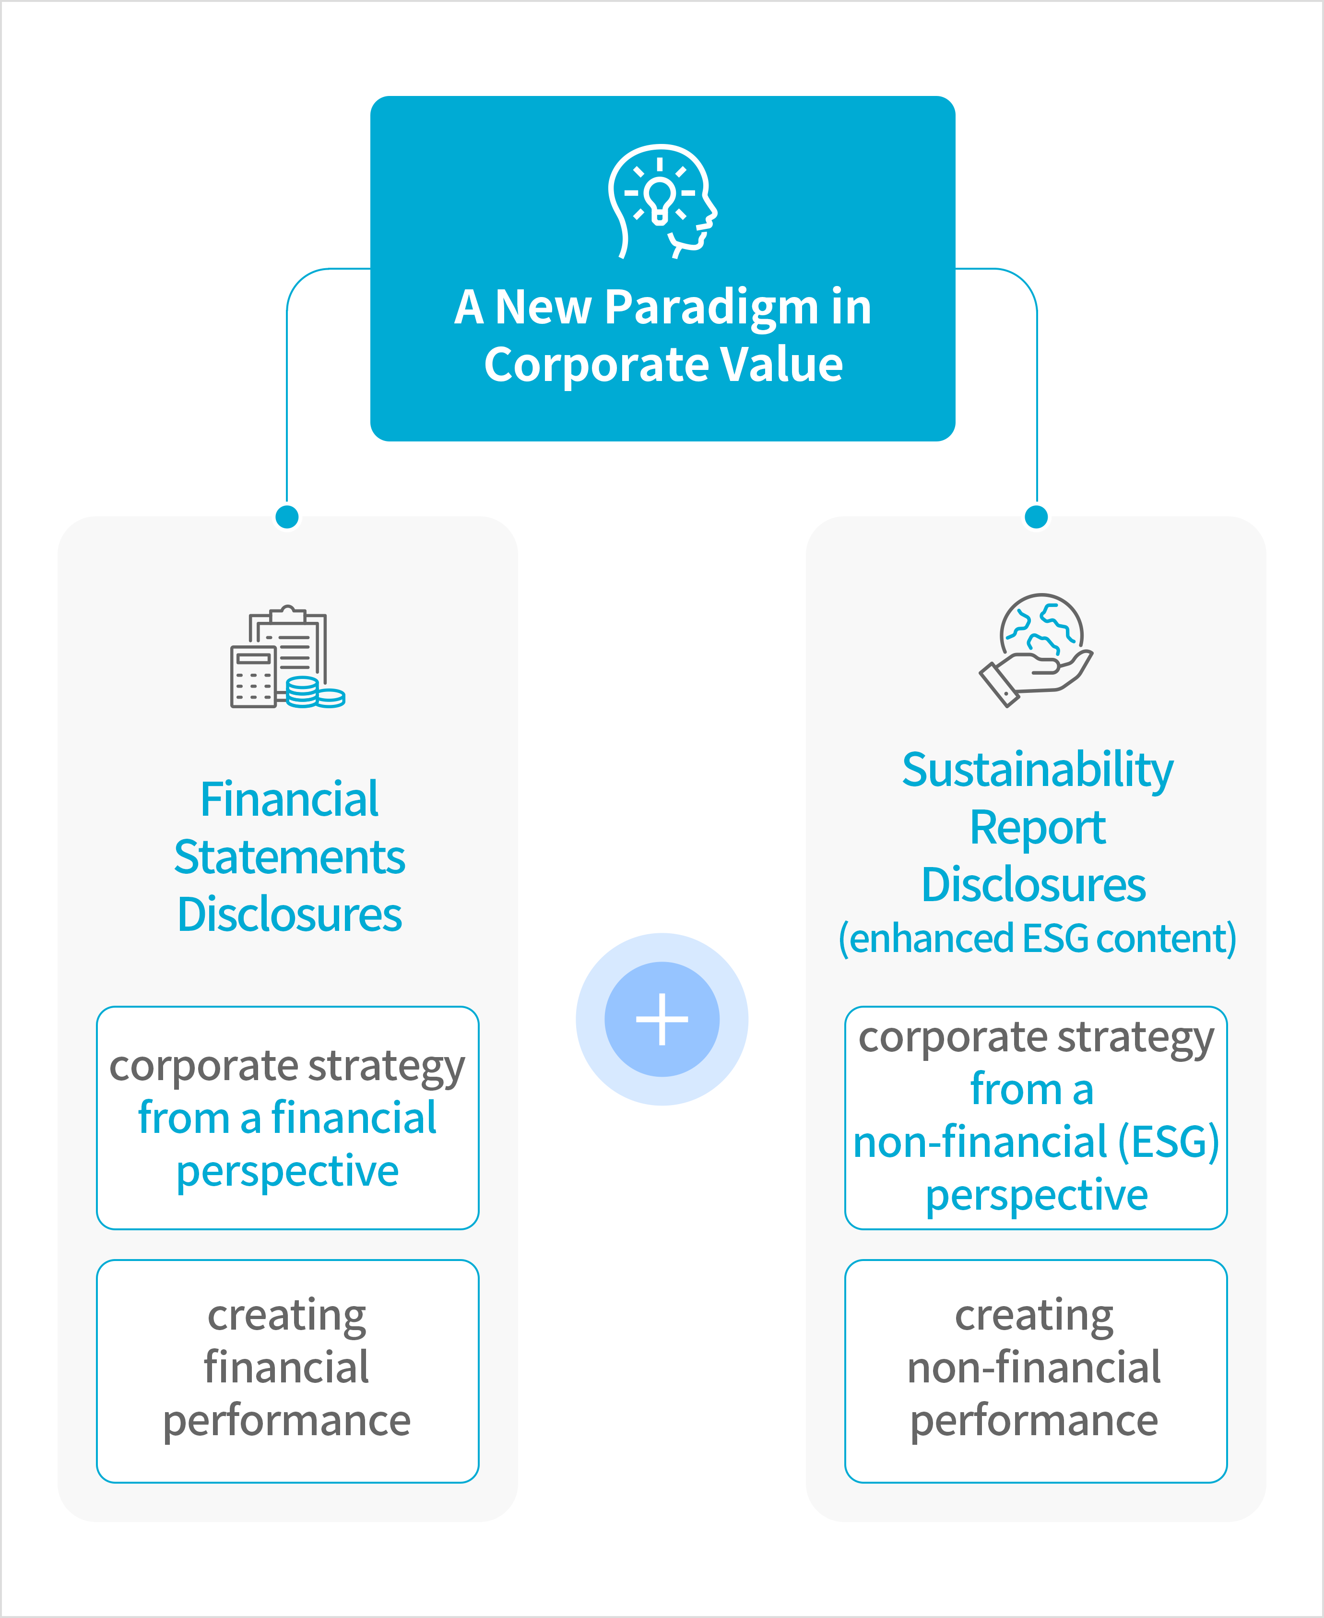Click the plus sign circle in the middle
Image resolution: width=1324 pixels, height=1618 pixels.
(662, 1019)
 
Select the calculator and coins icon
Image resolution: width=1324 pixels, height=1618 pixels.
(287, 657)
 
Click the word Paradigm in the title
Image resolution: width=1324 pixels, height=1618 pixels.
(711, 308)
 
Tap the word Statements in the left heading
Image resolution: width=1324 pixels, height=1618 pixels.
(289, 857)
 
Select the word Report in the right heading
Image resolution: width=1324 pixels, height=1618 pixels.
(1037, 828)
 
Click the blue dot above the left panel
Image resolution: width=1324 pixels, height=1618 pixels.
(287, 516)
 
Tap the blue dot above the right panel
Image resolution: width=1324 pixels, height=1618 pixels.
(1037, 516)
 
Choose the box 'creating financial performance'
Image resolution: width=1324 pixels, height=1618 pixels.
(287, 1371)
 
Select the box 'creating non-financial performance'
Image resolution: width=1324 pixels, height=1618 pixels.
(1036, 1371)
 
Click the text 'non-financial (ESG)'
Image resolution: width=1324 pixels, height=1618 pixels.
(1036, 1142)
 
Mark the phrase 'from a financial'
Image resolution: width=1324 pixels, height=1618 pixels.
(287, 1118)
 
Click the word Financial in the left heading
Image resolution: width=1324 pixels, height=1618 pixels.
(289, 799)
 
